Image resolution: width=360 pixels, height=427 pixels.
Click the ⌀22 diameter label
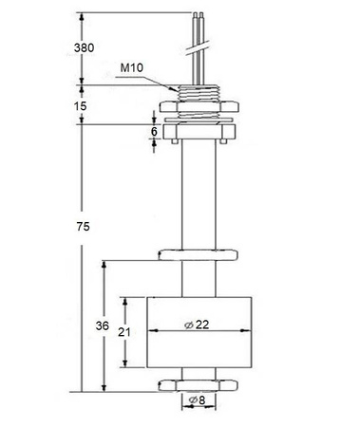tap(196, 325)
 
